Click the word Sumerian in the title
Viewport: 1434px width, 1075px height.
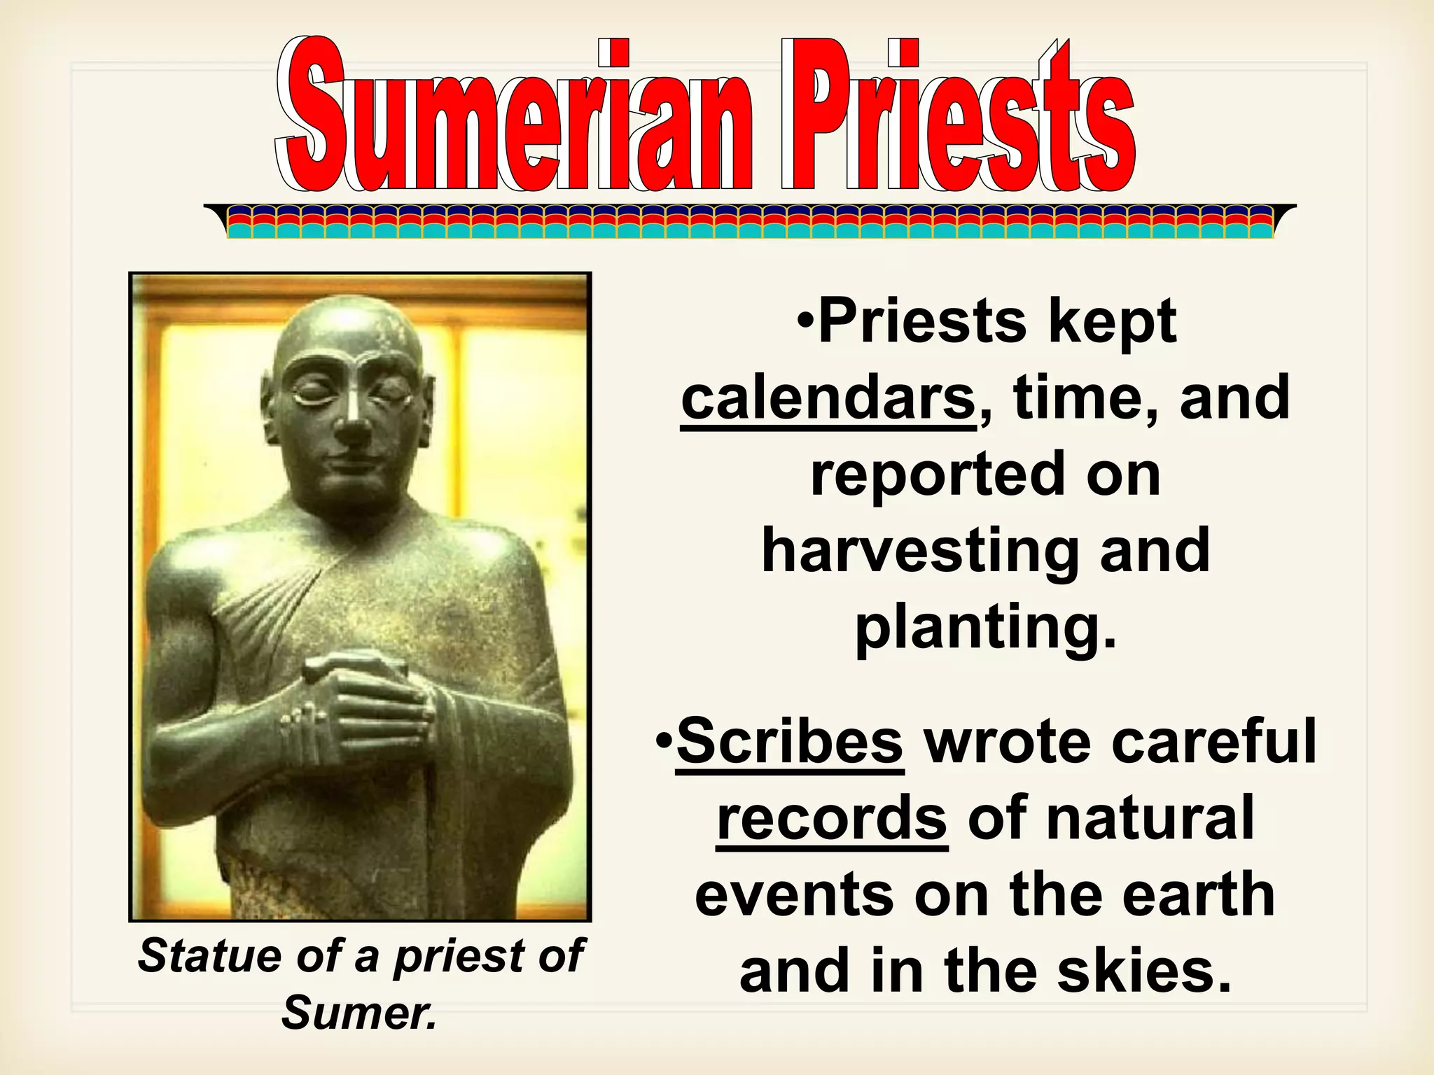(x=515, y=115)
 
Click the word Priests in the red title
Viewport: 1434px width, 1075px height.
(x=956, y=115)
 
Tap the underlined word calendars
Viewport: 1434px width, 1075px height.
(x=828, y=398)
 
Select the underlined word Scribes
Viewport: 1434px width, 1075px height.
(x=790, y=742)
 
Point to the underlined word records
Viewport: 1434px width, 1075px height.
(x=832, y=818)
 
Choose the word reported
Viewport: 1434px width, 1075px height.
(x=934, y=475)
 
